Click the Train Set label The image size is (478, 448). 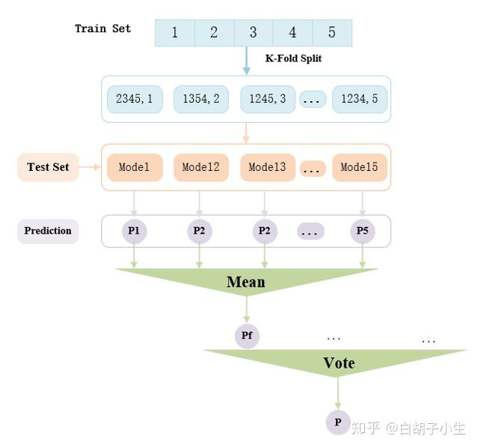pyautogui.click(x=102, y=28)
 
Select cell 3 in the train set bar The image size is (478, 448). pyautogui.click(x=253, y=33)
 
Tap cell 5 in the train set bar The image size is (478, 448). pyautogui.click(x=331, y=33)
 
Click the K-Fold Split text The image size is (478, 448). pyautogui.click(x=294, y=58)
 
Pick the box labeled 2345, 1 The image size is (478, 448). pyautogui.click(x=135, y=99)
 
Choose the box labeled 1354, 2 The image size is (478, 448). pyautogui.click(x=200, y=99)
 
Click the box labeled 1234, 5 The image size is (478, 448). pyautogui.click(x=360, y=99)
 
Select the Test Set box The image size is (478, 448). pyautogui.click(x=48, y=167)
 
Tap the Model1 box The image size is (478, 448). pyautogui.click(x=135, y=167)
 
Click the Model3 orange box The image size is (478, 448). pyautogui.click(x=267, y=167)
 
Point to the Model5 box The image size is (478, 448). pyautogui.click(x=360, y=167)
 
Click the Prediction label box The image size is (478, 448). pyautogui.click(x=48, y=231)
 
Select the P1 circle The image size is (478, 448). pyautogui.click(x=134, y=231)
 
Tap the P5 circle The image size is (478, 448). pyautogui.click(x=363, y=231)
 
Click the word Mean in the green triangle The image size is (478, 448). pyautogui.click(x=246, y=282)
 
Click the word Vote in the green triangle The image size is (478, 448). pyautogui.click(x=338, y=363)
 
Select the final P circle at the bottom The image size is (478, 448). pyautogui.click(x=338, y=423)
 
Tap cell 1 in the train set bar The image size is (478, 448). pyautogui.click(x=175, y=33)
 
